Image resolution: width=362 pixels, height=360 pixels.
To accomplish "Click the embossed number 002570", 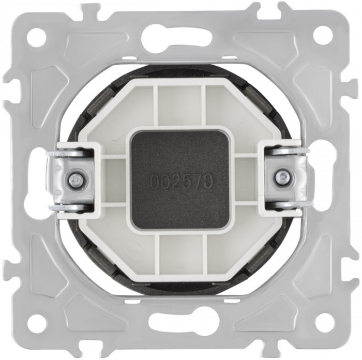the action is click(x=181, y=181).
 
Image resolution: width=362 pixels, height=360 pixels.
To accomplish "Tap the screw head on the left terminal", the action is click(x=74, y=178).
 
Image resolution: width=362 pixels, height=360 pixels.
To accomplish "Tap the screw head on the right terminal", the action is click(x=281, y=176).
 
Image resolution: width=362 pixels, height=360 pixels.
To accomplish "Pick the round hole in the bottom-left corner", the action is click(x=37, y=323).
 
